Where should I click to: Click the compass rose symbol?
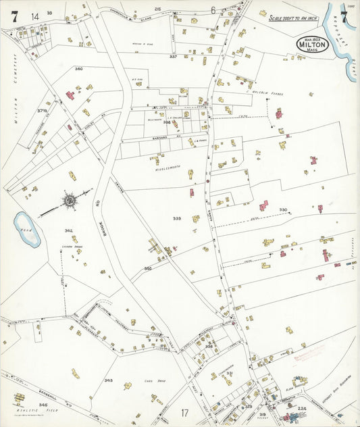tap(68, 200)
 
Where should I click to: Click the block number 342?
tap(68, 231)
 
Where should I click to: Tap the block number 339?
tap(177, 219)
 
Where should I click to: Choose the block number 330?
tap(284, 210)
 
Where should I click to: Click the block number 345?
tap(108, 380)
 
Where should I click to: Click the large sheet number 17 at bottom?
tap(185, 412)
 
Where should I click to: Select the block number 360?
tap(78, 69)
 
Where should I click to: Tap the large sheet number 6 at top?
tap(213, 10)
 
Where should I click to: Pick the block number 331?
tap(230, 372)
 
